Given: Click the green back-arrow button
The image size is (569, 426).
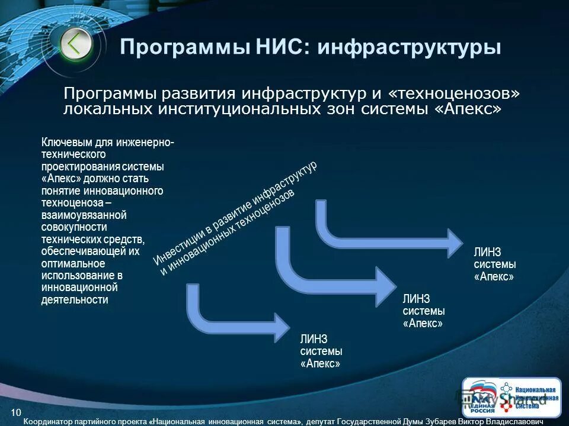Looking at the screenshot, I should point(76,44).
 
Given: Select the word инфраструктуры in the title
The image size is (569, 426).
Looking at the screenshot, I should point(409,47).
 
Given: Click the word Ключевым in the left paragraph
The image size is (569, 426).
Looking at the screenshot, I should point(65,143).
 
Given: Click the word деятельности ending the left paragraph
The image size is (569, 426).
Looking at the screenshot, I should point(75,299).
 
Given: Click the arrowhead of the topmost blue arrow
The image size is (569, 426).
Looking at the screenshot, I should point(454,243).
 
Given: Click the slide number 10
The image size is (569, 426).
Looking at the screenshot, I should point(16,412).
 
